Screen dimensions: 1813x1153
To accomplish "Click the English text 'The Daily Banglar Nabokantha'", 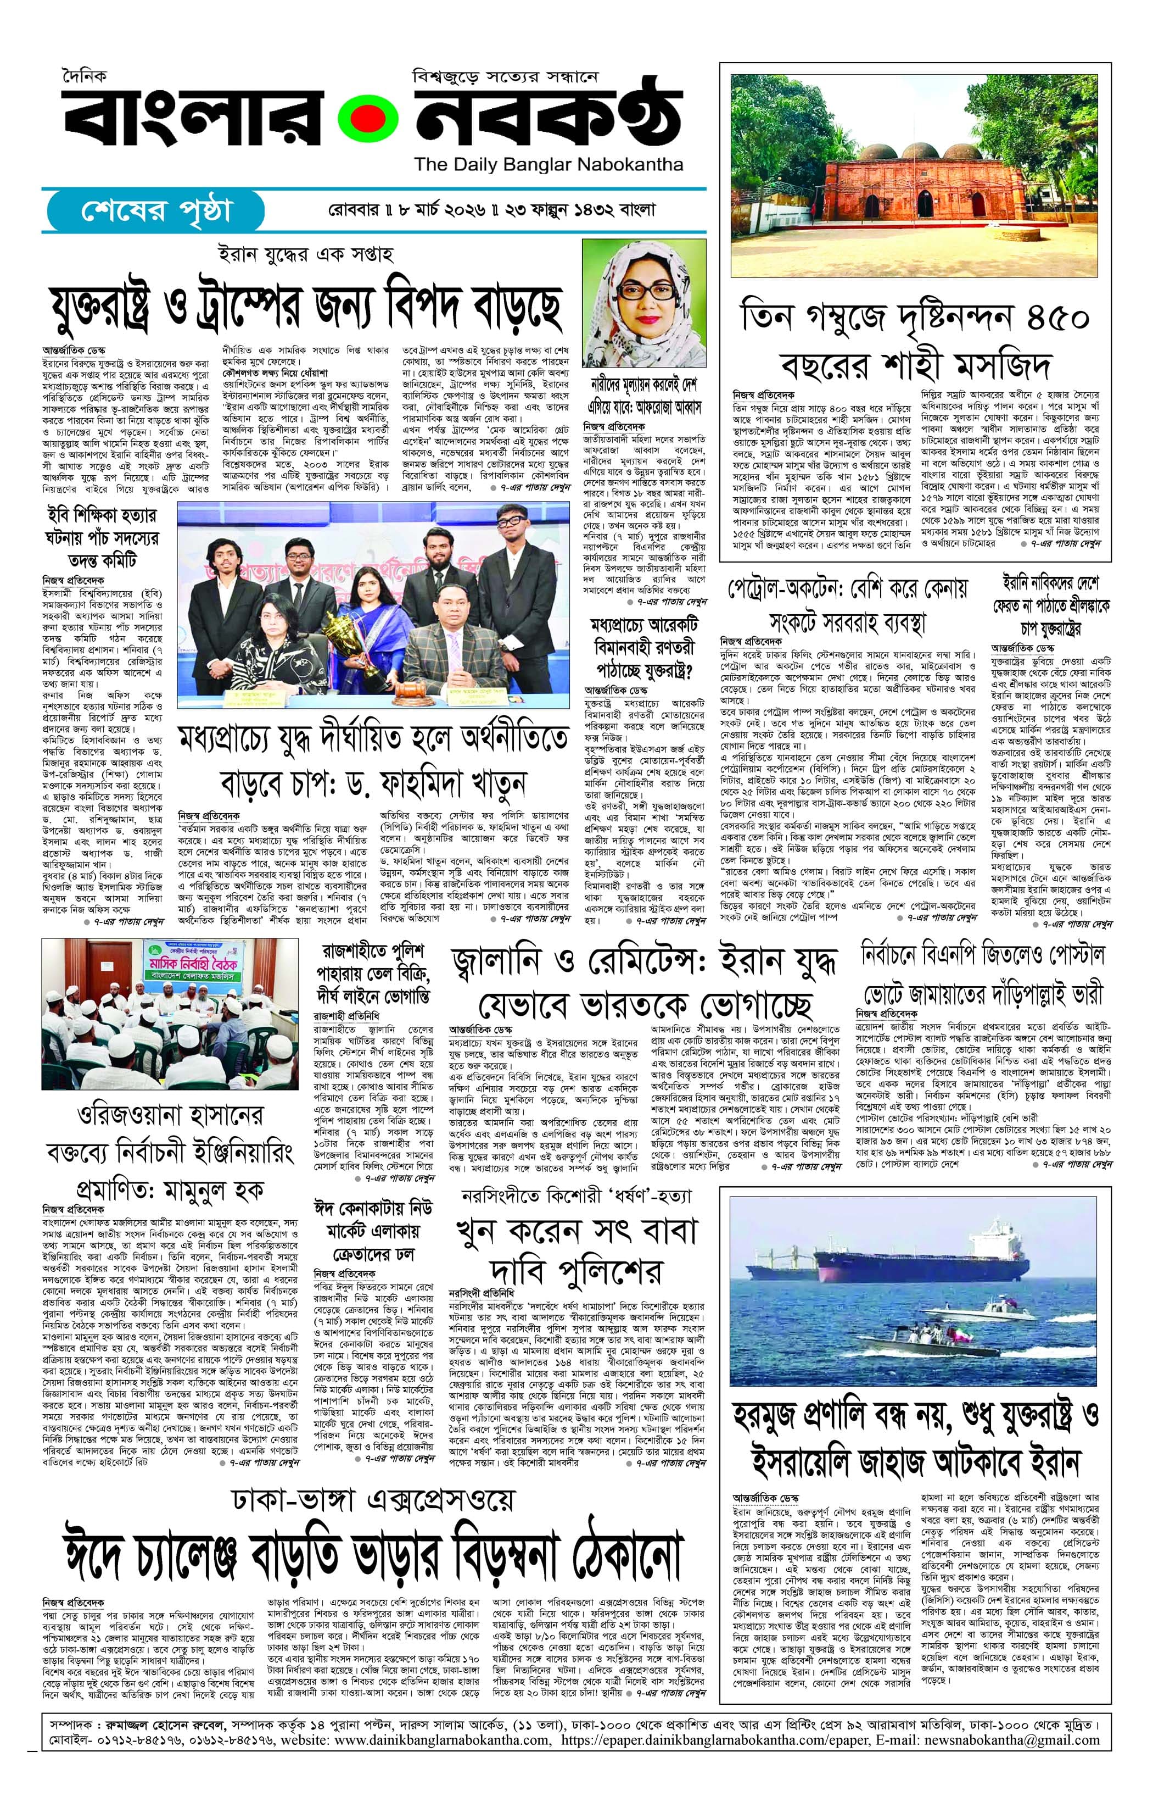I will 548,165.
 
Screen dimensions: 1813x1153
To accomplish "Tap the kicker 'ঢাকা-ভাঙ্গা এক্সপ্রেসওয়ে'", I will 373,1500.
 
